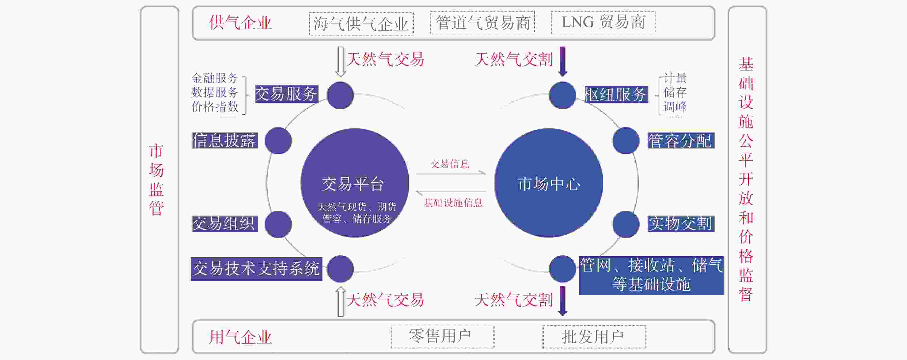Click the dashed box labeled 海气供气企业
[361, 24]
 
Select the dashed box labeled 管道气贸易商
[482, 22]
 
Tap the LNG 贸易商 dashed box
[603, 22]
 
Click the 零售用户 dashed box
[443, 337]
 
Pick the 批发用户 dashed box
[594, 337]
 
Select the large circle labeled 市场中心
[549, 183]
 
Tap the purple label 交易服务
[286, 94]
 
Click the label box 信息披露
[225, 141]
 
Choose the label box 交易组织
[225, 224]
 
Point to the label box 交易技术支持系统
[256, 269]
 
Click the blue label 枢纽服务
[616, 94]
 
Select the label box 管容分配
[681, 141]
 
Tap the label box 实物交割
[681, 224]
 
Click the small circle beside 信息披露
[278, 141]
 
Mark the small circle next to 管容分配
[626, 141]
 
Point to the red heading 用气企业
[240, 337]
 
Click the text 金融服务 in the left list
[215, 78]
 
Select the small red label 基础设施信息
[453, 203]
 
